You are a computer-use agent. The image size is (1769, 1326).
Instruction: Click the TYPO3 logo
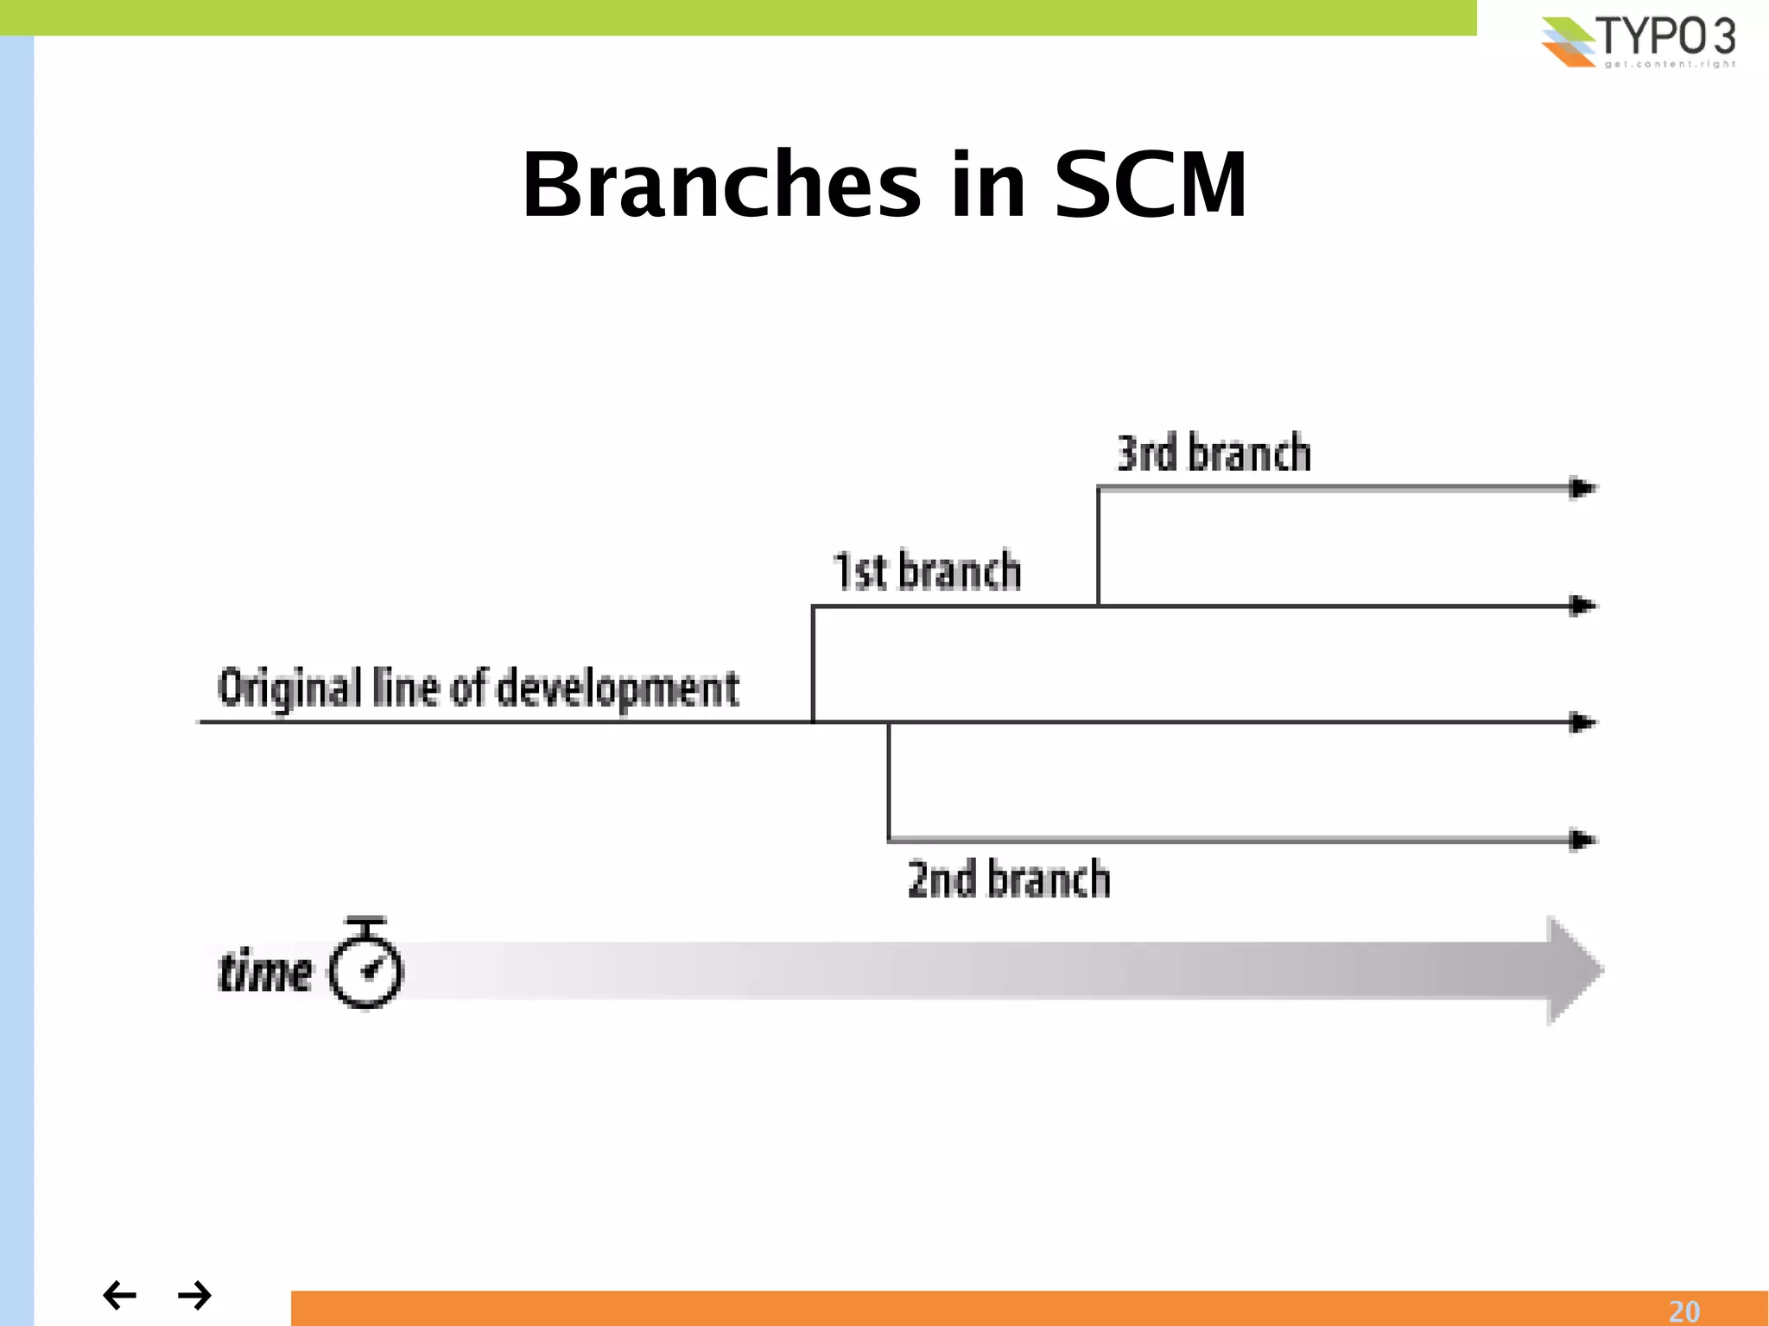click(1638, 41)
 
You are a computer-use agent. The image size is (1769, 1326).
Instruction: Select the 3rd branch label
click(1214, 454)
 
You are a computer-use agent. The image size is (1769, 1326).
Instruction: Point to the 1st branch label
click(927, 571)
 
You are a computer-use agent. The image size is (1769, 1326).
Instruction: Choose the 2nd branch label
click(1008, 879)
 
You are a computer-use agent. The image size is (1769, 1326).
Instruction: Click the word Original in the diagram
click(289, 688)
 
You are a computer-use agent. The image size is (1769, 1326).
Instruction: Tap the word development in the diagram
click(618, 688)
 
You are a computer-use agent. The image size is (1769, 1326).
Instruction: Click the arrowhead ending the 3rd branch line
click(1582, 488)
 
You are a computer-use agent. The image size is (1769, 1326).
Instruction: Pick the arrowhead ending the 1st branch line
click(1582, 606)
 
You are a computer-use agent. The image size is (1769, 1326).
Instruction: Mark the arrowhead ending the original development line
click(1582, 722)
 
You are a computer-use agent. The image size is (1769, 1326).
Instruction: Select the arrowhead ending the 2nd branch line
click(1582, 840)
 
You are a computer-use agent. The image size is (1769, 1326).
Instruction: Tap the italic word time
click(264, 972)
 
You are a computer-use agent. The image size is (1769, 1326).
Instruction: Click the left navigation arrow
click(119, 1295)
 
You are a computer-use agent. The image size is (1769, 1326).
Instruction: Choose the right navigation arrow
click(194, 1295)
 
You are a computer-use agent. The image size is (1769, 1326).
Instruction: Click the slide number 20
click(1683, 1311)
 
